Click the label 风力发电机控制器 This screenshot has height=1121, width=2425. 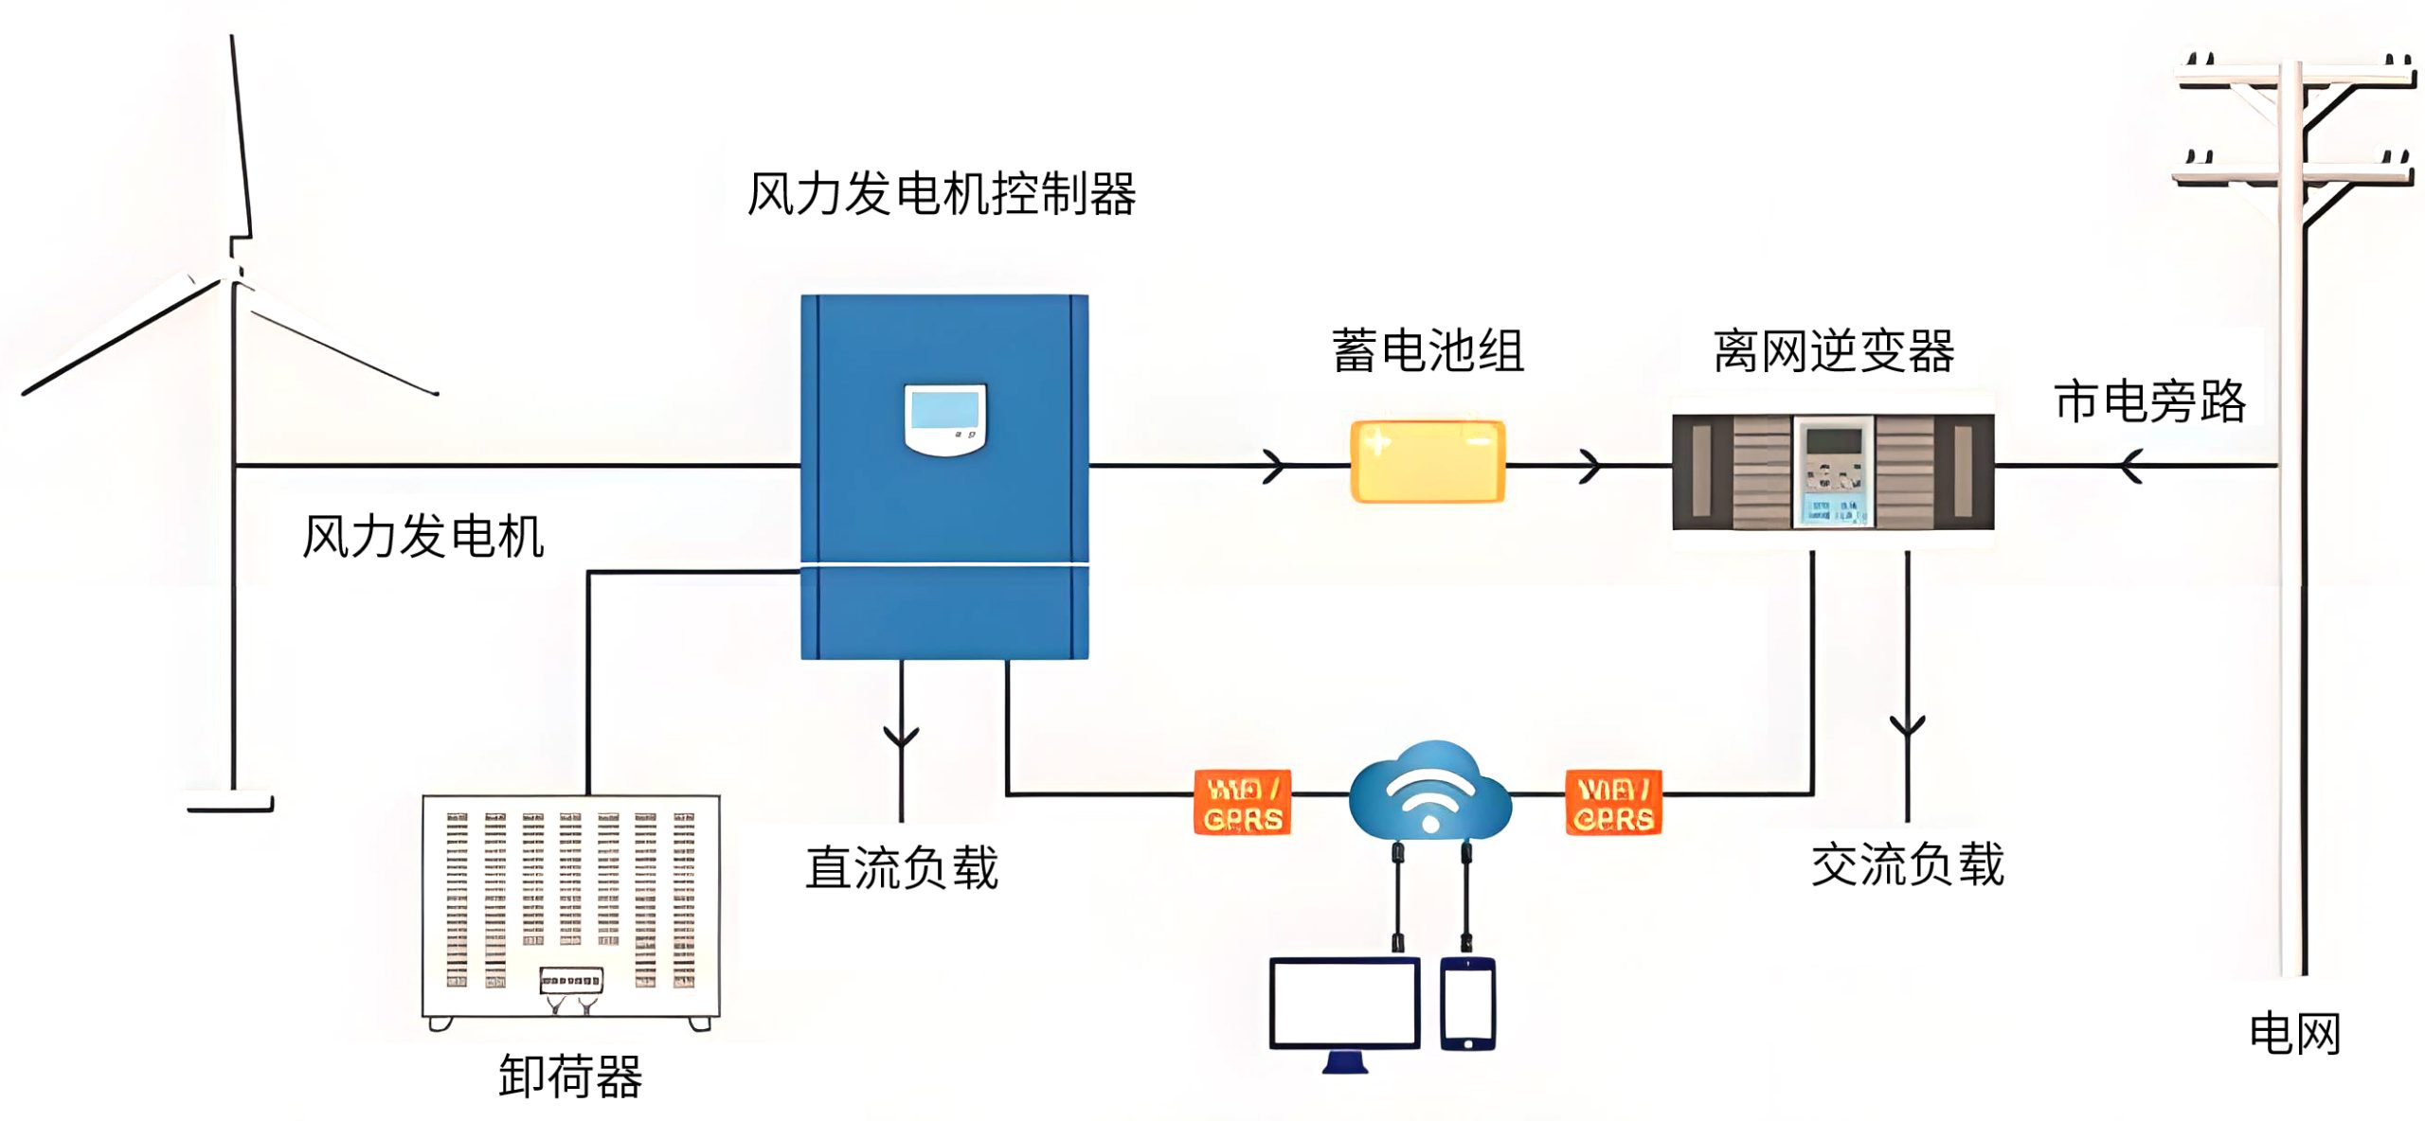pyautogui.click(x=941, y=195)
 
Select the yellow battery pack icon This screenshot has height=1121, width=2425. pyautogui.click(x=1427, y=461)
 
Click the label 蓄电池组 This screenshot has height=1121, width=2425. pyautogui.click(x=1427, y=351)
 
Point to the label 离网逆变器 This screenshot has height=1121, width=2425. pyautogui.click(x=1833, y=351)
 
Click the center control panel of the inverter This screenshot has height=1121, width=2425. pyautogui.click(x=1833, y=471)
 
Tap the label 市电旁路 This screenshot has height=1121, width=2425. pyautogui.click(x=2149, y=401)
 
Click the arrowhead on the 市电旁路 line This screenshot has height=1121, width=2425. pyautogui.click(x=2131, y=466)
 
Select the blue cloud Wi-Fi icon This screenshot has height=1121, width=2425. pyautogui.click(x=1429, y=792)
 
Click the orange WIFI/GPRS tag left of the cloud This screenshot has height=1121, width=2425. pyautogui.click(x=1242, y=803)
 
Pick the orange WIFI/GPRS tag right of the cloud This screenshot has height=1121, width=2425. pyautogui.click(x=1613, y=803)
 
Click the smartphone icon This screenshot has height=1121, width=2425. pyautogui.click(x=1467, y=1004)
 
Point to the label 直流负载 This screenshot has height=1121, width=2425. pyautogui.click(x=901, y=867)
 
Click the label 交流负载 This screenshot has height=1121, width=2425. pyautogui.click(x=1907, y=864)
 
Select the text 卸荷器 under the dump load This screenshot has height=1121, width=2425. pyautogui.click(x=570, y=1077)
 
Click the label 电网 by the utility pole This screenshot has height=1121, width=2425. pyautogui.click(x=2294, y=1033)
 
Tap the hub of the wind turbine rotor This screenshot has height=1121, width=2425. pyautogui.click(x=234, y=271)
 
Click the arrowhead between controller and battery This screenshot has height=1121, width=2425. pyautogui.click(x=1275, y=466)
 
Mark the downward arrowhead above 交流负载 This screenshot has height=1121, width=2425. pyautogui.click(x=1907, y=726)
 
